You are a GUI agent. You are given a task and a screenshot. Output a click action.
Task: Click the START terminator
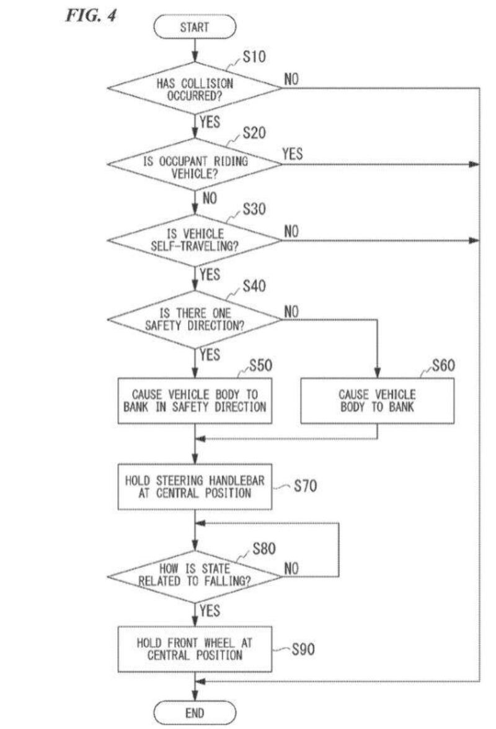[x=195, y=27]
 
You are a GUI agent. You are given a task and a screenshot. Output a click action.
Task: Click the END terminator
[x=195, y=712]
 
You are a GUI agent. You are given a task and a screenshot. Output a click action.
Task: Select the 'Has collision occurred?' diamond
[x=195, y=88]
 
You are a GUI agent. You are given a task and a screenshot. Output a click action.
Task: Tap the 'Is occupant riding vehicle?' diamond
[x=195, y=165]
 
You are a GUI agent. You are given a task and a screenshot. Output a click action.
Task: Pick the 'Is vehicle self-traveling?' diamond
[x=195, y=240]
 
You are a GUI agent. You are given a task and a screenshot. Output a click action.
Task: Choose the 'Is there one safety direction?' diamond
[x=195, y=319]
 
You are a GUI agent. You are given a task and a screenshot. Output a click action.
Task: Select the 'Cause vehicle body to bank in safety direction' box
[x=195, y=401]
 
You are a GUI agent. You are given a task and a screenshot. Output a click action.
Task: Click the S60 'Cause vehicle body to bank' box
[x=377, y=401]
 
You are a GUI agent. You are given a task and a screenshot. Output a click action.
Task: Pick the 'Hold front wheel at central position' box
[x=195, y=649]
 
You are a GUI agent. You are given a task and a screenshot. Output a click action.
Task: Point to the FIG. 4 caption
[x=90, y=14]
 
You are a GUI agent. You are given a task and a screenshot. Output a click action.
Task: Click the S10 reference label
[x=254, y=57]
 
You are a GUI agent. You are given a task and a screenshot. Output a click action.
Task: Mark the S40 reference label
[x=254, y=286]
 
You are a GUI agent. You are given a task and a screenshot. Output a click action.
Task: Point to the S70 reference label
[x=305, y=486]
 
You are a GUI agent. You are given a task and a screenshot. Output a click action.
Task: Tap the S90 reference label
[x=303, y=650]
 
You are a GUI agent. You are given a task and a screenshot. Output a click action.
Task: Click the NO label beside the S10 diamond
[x=292, y=79]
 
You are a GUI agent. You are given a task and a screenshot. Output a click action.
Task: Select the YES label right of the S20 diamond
[x=293, y=154]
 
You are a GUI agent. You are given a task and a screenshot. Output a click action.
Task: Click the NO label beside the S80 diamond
[x=292, y=568]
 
